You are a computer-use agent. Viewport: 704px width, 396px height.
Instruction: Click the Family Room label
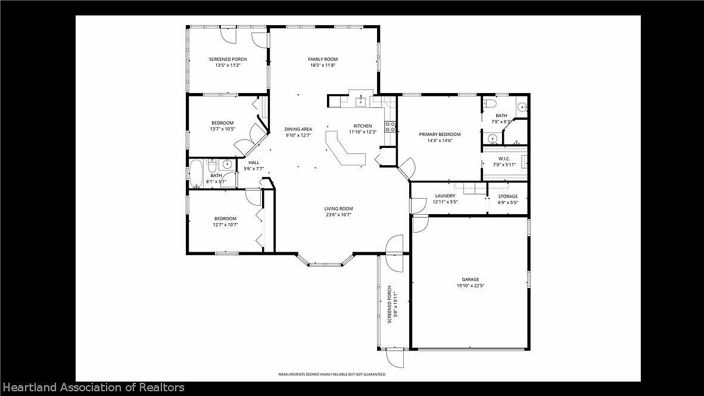323,59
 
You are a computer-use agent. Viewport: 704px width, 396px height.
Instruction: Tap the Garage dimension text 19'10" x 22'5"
470,286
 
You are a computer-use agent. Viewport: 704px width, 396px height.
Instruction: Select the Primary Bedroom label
440,134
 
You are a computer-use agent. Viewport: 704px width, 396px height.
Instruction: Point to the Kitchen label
362,126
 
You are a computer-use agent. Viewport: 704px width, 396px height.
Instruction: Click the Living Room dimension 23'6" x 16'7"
338,215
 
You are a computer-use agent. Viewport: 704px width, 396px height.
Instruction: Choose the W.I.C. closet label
504,159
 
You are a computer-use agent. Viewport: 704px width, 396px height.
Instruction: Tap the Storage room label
507,196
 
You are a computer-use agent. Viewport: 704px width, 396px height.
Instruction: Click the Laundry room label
445,196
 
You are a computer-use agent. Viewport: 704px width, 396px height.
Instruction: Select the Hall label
254,162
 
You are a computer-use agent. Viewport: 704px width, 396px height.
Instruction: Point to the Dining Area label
298,129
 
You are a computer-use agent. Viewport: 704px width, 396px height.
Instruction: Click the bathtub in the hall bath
197,174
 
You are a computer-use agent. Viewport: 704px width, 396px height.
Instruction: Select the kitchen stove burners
391,126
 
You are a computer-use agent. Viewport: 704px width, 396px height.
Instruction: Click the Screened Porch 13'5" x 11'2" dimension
228,65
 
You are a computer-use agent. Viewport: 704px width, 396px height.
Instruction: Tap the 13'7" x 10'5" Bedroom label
222,123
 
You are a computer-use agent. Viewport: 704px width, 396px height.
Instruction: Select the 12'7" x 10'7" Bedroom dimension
225,225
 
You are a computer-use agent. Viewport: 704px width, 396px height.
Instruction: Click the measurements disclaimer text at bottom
332,374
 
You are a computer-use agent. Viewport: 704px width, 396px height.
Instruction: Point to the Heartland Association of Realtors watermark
92,388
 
